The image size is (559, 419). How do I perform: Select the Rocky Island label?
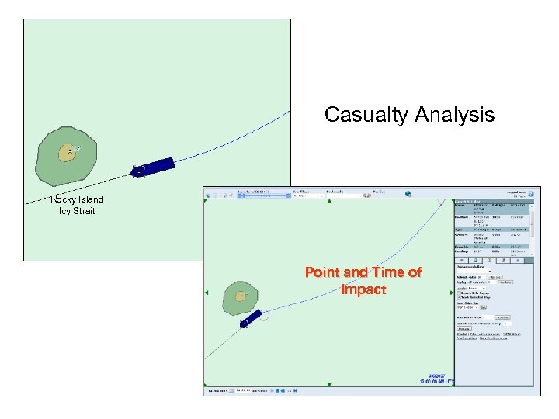click(x=77, y=199)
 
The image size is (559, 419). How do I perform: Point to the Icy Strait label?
click(x=76, y=211)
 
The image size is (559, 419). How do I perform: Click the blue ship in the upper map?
click(x=155, y=166)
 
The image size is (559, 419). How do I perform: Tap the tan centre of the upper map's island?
click(x=68, y=153)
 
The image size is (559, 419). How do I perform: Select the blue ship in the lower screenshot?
click(x=252, y=317)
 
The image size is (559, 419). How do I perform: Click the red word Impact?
click(x=363, y=289)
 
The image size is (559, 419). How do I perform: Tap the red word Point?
click(x=323, y=273)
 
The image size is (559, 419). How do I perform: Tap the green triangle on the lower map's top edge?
click(x=329, y=202)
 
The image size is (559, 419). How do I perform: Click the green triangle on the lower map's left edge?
click(x=206, y=292)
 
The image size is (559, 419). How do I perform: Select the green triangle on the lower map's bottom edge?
click(x=329, y=383)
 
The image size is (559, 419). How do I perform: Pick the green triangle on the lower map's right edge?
click(x=451, y=293)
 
